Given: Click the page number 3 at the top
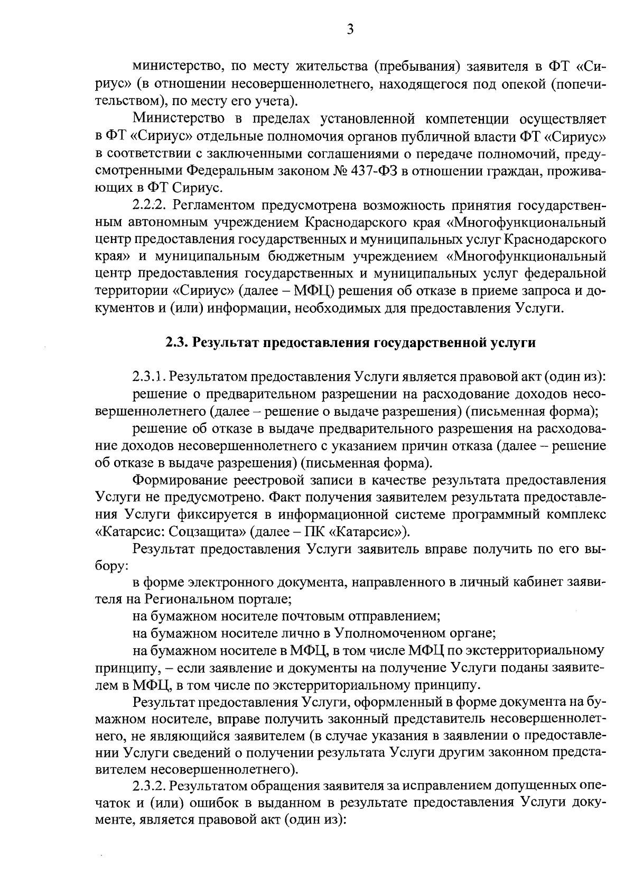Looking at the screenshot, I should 350,30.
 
